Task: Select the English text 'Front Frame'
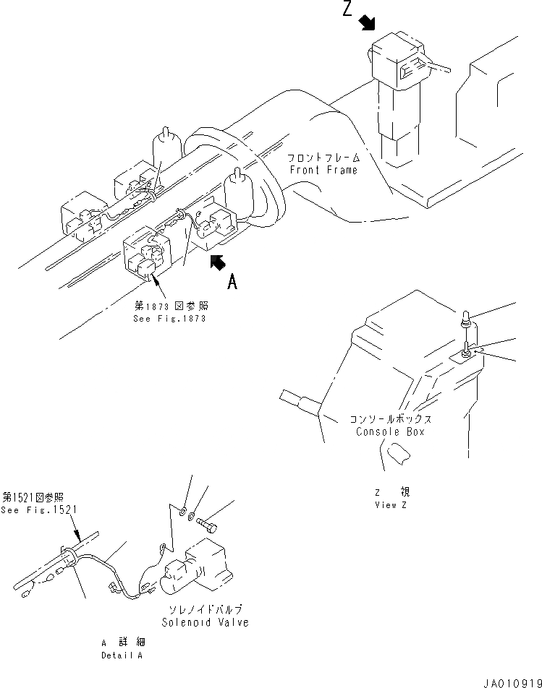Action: [323, 170]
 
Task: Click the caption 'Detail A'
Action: [122, 655]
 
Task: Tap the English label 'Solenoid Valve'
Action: [206, 623]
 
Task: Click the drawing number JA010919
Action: [510, 679]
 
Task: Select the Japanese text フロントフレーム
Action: [323, 158]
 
